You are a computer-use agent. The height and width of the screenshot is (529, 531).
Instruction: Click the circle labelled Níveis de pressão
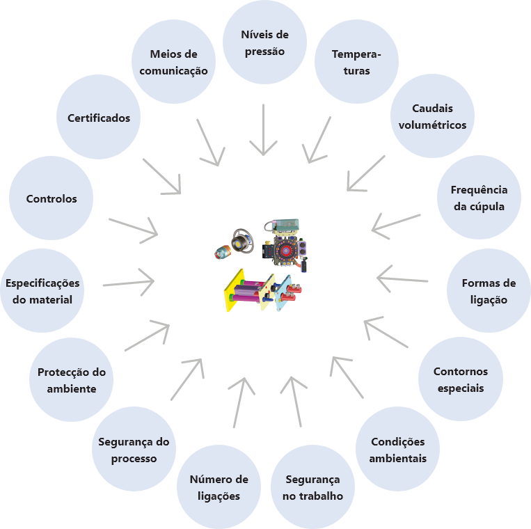pos(264,43)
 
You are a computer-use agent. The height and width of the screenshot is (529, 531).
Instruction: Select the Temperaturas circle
pos(356,62)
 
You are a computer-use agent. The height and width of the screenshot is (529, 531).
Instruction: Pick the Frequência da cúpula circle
pos(479,198)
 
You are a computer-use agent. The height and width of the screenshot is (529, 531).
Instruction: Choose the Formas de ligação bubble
pos(489,291)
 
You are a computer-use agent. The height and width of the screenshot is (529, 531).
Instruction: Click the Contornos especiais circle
pos(460,379)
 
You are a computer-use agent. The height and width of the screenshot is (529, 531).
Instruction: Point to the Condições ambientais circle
pos(397,450)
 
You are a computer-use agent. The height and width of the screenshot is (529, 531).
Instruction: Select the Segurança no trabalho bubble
pos(312,487)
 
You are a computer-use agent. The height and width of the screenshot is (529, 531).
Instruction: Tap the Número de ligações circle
pos(219,487)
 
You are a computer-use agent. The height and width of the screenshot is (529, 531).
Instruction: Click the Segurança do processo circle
pos(134,450)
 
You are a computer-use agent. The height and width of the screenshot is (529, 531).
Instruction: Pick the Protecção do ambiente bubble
pos(71,380)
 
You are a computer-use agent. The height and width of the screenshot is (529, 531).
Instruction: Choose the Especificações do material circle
pos(43,291)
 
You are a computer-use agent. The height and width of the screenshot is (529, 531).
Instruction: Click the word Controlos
pos(51,198)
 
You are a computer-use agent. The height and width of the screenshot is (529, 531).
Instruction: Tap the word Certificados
pos(99,118)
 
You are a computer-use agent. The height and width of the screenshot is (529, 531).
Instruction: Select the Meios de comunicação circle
pos(174,62)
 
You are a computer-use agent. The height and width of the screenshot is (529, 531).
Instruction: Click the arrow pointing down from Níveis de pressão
pos(264,130)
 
